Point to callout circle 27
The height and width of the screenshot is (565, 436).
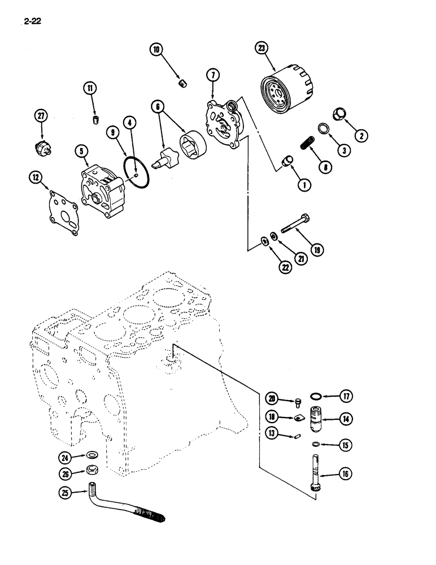pos(40,116)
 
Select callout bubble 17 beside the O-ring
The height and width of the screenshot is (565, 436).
pos(346,396)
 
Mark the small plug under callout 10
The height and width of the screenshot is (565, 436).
pos(182,84)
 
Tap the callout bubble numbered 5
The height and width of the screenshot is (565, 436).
pos(82,151)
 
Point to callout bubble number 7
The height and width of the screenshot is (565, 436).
pos(212,75)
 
